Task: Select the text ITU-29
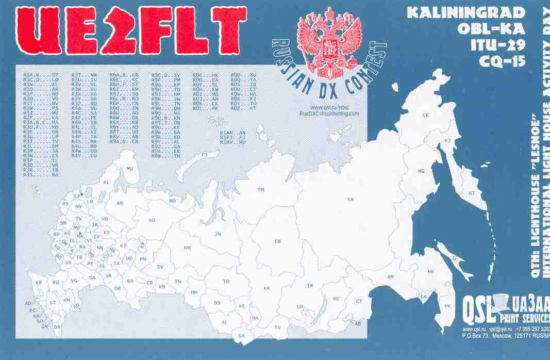click(497, 45)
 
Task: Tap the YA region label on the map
click(350, 199)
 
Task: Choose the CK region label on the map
click(426, 115)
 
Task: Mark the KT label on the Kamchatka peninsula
click(471, 193)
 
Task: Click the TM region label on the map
click(261, 190)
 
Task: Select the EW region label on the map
click(278, 241)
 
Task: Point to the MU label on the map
click(129, 169)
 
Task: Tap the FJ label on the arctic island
click(204, 155)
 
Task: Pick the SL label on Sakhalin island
click(454, 258)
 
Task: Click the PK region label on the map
click(447, 306)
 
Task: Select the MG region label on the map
click(421, 171)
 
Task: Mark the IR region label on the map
click(310, 286)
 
